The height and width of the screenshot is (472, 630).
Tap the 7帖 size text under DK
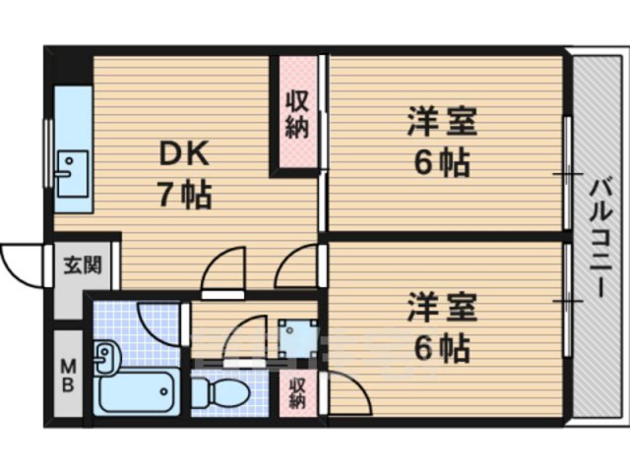point(183,194)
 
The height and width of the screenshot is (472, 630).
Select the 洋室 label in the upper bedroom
point(442,125)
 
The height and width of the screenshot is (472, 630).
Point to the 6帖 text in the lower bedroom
point(441,347)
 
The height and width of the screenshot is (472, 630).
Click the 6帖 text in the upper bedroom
point(441,162)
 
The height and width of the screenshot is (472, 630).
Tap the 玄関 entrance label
point(81,265)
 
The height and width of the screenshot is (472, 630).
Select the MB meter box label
point(69,375)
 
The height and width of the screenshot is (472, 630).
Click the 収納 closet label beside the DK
point(296,113)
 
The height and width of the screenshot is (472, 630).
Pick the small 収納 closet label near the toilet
point(298,392)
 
